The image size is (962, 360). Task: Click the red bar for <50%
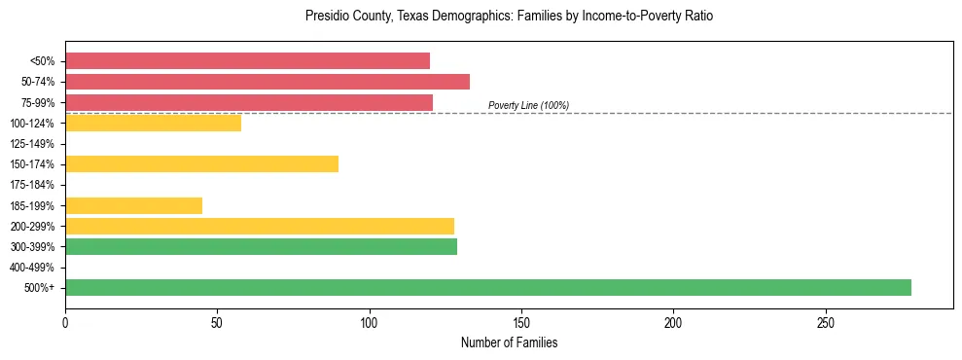[x=247, y=61]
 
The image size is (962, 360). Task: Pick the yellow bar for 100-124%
[x=153, y=123]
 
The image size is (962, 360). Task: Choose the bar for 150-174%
[x=201, y=163]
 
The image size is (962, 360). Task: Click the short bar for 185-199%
[x=133, y=205]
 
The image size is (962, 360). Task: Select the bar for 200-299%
[x=260, y=226]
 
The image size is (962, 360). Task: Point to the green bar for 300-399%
[x=261, y=246]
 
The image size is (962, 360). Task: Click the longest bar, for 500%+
[x=488, y=287]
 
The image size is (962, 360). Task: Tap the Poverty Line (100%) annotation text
[x=528, y=105]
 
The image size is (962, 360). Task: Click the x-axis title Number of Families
[x=509, y=342]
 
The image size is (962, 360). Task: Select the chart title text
[x=509, y=17]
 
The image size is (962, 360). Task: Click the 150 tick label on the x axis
[x=521, y=321]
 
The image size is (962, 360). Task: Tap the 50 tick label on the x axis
[x=217, y=321]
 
